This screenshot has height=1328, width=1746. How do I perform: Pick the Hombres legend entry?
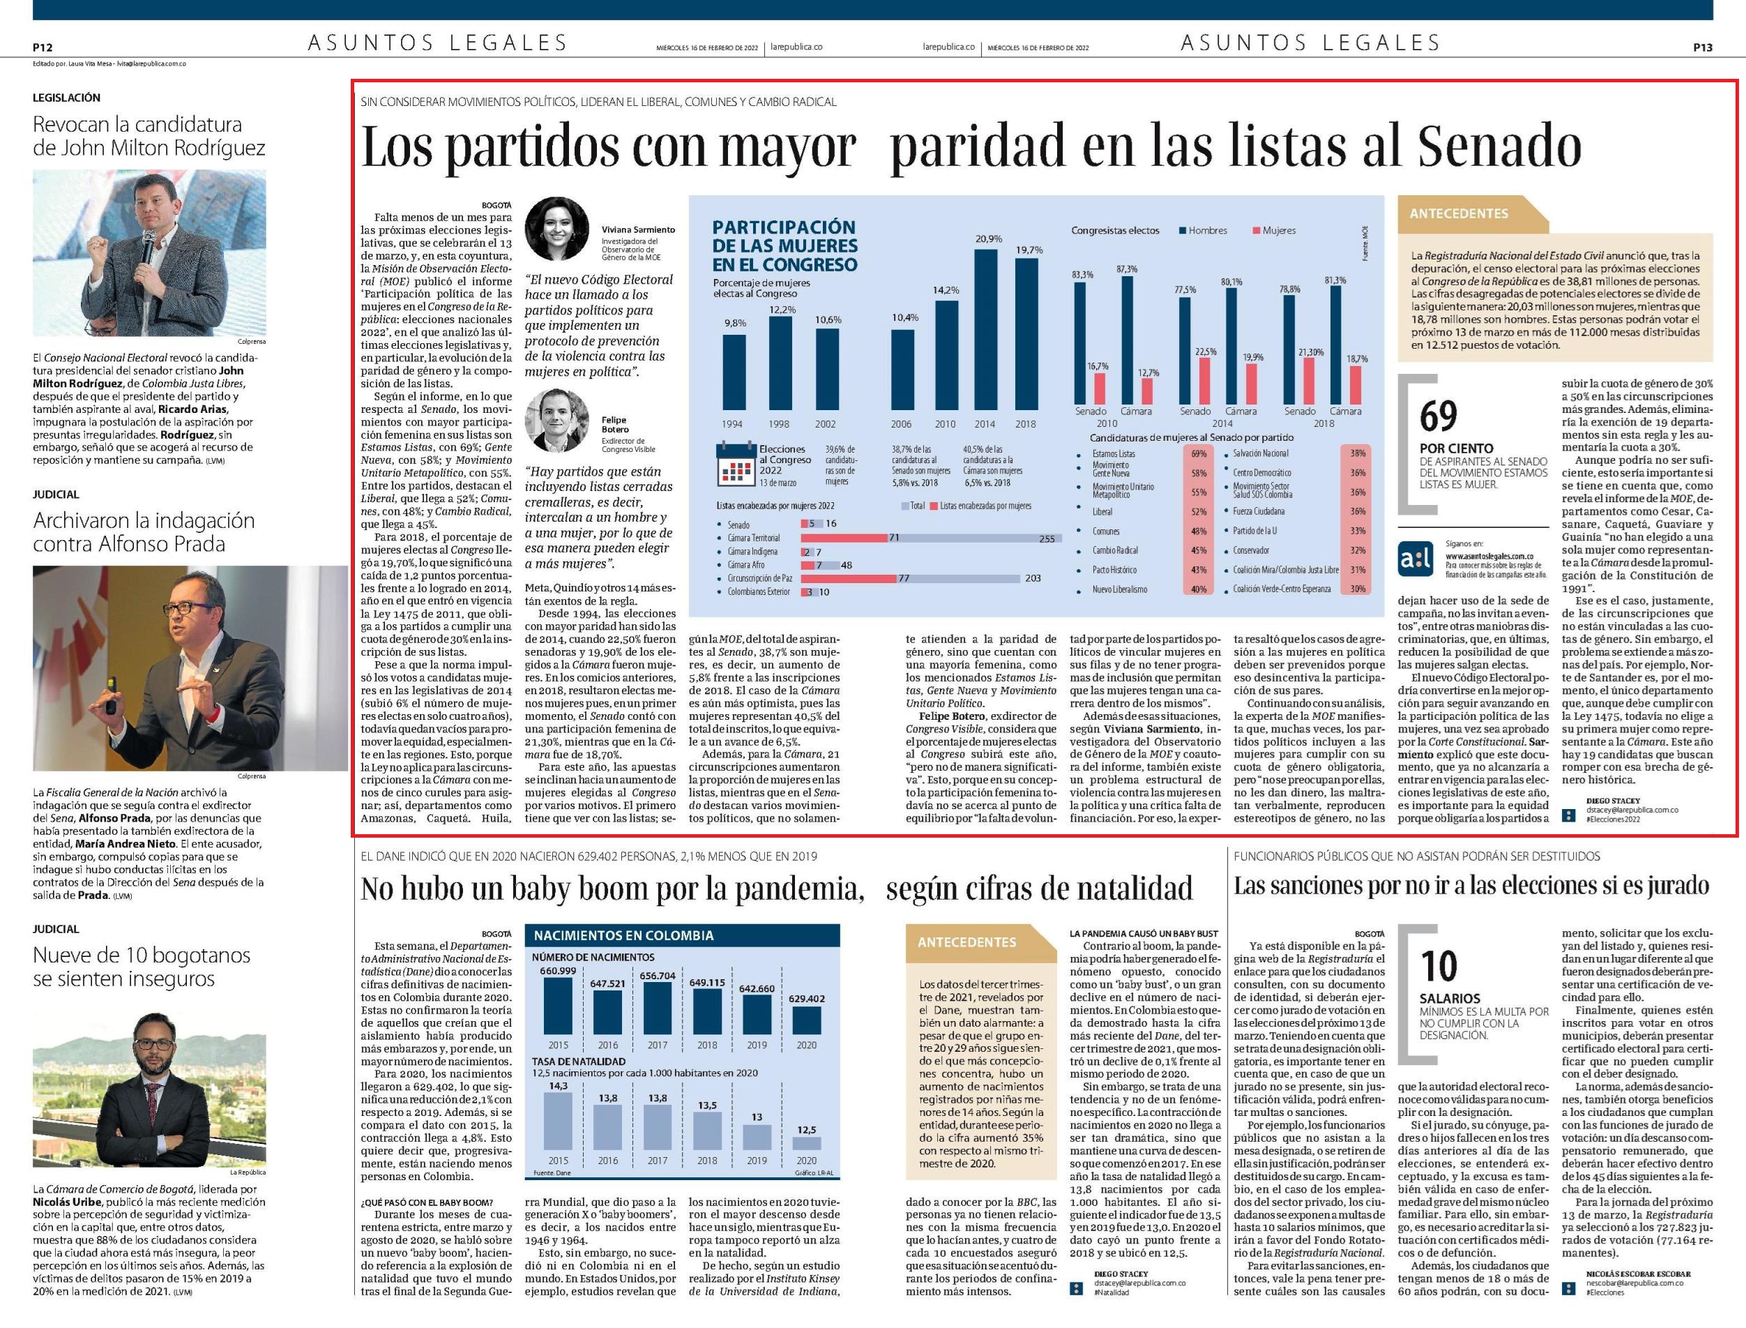click(1204, 231)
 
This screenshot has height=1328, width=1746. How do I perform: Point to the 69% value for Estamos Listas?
click(1199, 454)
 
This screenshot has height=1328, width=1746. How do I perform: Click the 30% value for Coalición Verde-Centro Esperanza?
click(1358, 589)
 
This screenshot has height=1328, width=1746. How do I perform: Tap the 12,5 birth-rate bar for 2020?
click(807, 1143)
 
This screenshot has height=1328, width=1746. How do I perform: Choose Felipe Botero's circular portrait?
click(557, 420)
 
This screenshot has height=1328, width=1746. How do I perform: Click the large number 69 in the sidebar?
click(1438, 416)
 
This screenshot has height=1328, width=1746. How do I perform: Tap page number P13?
click(1703, 47)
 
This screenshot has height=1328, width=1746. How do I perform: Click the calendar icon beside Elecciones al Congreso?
click(734, 465)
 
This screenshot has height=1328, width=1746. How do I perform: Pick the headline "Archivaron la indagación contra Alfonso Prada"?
click(144, 532)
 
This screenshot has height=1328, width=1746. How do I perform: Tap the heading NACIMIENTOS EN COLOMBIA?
click(623, 935)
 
